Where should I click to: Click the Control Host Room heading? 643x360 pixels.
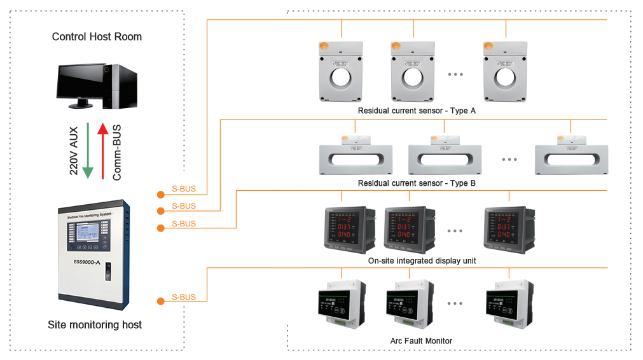(x=97, y=37)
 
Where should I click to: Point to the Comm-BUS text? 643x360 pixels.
(x=117, y=153)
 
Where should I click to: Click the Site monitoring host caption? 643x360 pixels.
(x=95, y=325)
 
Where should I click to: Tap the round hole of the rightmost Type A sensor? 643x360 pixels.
(x=506, y=77)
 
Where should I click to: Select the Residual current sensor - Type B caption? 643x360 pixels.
(x=417, y=183)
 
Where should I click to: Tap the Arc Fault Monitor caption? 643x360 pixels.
(x=421, y=341)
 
